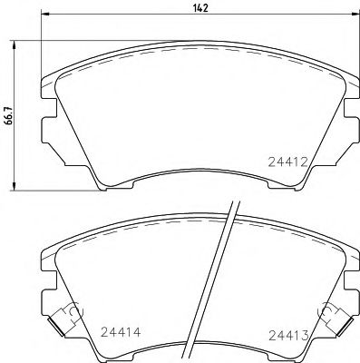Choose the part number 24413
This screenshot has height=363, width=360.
pos(289,336)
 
